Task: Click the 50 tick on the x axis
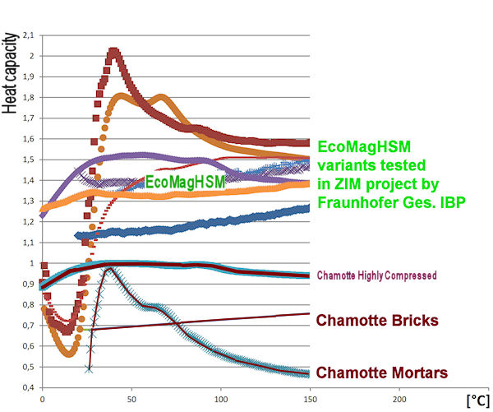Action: [130, 398]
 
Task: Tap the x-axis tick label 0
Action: [41, 398]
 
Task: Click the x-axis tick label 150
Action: [308, 398]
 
